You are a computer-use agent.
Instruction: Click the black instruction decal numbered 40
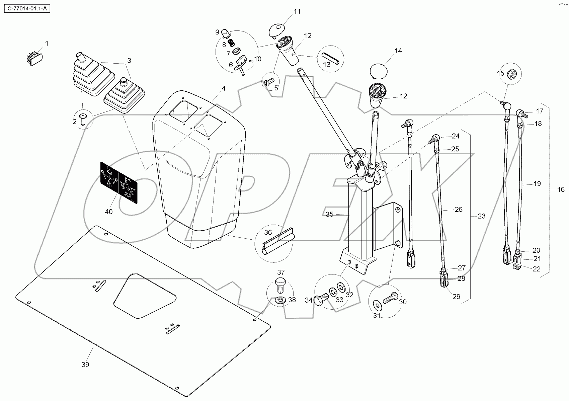[x=119, y=182]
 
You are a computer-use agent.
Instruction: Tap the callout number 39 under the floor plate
[x=85, y=365]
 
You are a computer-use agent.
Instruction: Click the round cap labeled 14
[x=378, y=71]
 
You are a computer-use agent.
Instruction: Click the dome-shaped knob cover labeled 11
[x=277, y=29]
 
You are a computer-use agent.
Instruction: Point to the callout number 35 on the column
[x=330, y=215]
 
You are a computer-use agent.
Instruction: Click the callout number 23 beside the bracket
[x=481, y=216]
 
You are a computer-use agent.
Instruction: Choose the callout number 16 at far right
[x=561, y=189]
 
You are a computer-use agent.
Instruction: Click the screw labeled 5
[x=268, y=82]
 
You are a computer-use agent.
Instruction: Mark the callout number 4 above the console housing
[x=224, y=88]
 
